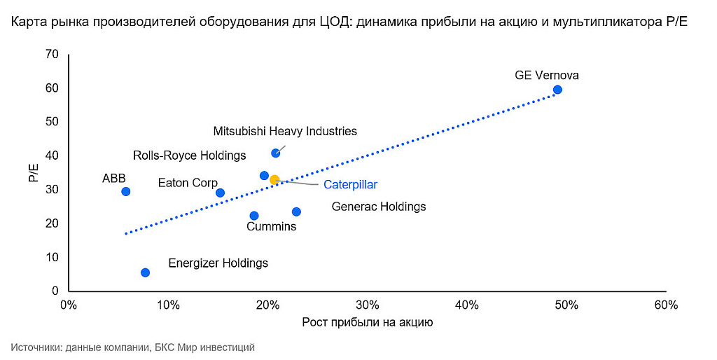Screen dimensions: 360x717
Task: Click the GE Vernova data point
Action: pyautogui.click(x=557, y=90)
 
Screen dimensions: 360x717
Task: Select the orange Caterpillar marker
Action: pyautogui.click(x=274, y=180)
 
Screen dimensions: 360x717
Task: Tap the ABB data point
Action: pyautogui.click(x=126, y=191)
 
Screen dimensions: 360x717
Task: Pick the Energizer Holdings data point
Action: pyautogui.click(x=145, y=272)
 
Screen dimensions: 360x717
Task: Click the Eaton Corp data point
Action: pyautogui.click(x=220, y=193)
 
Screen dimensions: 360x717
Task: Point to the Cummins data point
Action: pyautogui.click(x=254, y=216)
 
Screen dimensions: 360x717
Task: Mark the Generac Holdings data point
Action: pyautogui.click(x=296, y=212)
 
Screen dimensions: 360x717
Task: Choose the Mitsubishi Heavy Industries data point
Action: pyautogui.click(x=275, y=153)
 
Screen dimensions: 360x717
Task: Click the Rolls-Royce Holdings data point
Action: pyautogui.click(x=264, y=176)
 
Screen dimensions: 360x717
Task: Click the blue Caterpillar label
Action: pyautogui.click(x=350, y=185)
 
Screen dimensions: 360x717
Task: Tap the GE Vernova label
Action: pyautogui.click(x=547, y=75)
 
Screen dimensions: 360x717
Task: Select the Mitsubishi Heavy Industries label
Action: pyautogui.click(x=285, y=131)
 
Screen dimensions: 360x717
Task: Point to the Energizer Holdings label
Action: pyautogui.click(x=218, y=263)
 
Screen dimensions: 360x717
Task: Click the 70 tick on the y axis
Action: pyautogui.click(x=53, y=55)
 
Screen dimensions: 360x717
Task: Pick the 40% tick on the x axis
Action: pyautogui.click(x=466, y=305)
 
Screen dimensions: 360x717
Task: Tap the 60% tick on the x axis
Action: pyautogui.click(x=665, y=305)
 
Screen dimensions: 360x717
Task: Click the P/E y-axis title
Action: pyautogui.click(x=33, y=173)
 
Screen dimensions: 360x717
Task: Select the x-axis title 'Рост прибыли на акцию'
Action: pyautogui.click(x=367, y=323)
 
